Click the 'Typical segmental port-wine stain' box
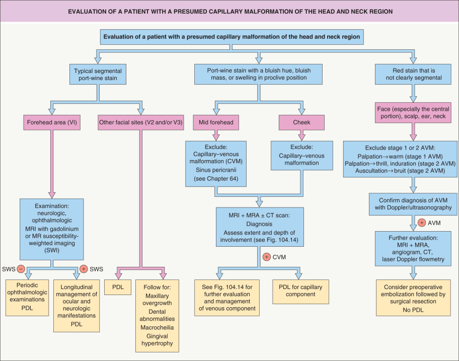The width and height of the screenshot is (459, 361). [97, 74]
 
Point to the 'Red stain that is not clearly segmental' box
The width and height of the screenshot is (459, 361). [413, 74]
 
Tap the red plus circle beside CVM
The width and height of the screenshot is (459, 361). [266, 257]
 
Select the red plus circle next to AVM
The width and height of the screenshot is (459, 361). [421, 222]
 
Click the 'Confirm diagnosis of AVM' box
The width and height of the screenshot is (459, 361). [413, 203]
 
